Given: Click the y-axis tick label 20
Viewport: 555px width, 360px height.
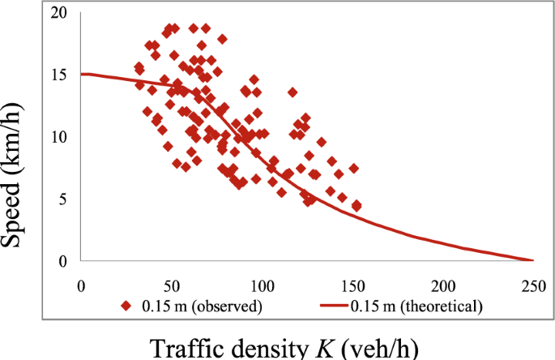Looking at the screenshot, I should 59,12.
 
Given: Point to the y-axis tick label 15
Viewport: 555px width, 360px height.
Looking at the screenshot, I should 59,75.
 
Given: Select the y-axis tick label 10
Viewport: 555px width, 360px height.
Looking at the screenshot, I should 59,136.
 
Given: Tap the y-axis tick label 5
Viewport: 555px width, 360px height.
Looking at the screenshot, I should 63,199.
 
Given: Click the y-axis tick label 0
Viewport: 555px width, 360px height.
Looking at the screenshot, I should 63,261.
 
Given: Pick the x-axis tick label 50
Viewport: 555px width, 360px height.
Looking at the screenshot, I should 171,285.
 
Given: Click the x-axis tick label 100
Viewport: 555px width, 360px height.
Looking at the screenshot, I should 262,285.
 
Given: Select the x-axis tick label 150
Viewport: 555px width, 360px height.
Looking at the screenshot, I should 352,285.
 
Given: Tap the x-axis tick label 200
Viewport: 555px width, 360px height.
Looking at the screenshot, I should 443,285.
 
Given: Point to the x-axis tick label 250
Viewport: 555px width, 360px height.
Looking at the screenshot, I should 533,285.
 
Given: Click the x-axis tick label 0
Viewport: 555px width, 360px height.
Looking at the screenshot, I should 81,285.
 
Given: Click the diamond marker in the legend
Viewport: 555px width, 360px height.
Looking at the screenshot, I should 126,306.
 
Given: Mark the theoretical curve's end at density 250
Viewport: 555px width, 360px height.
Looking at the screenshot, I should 533,260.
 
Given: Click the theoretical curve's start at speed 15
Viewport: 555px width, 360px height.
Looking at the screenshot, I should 82,74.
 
